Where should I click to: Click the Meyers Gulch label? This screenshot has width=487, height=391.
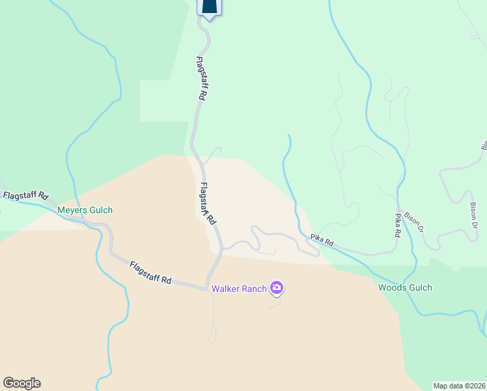tap(85, 210)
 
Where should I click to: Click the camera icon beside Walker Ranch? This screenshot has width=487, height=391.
tap(277, 287)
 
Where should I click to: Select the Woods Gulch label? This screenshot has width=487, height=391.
tap(405, 287)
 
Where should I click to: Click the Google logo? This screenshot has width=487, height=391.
tap(21, 383)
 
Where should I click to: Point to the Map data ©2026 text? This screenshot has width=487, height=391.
tap(459, 385)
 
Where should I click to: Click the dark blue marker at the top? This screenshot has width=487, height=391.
tap(209, 7)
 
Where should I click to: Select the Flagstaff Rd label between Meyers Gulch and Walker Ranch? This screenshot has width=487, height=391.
tap(150, 272)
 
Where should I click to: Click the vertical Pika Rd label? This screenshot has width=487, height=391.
tap(397, 224)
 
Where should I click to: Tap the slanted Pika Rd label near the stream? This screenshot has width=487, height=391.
tap(322, 240)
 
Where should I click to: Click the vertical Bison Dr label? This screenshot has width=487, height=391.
tap(474, 216)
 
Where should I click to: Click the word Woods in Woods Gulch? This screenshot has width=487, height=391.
tap(392, 287)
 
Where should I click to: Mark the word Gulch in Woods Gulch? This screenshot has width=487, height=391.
tap(419, 287)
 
